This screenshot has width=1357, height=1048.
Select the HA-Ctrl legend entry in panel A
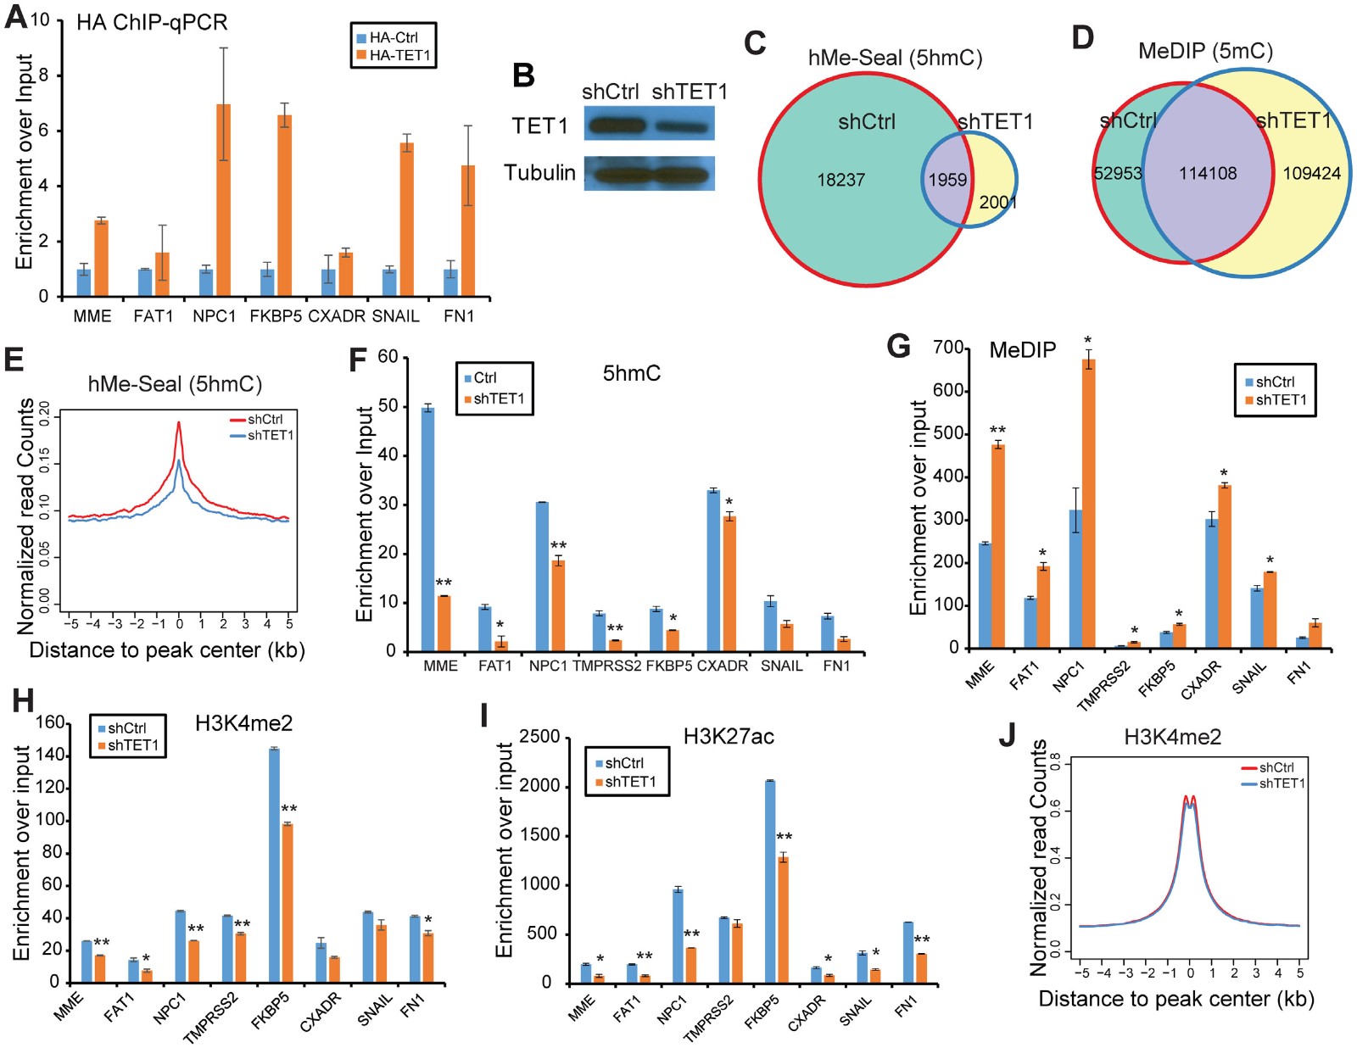pyautogui.click(x=393, y=38)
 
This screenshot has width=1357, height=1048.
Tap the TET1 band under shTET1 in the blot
pyautogui.click(x=681, y=126)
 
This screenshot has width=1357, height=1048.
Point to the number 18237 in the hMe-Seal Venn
pyautogui.click(x=840, y=180)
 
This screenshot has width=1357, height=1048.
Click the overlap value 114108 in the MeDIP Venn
pyautogui.click(x=1208, y=174)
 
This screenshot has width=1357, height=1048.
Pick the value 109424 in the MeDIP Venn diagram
pyautogui.click(x=1311, y=174)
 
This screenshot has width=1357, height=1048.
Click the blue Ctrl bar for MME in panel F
pyautogui.click(x=428, y=529)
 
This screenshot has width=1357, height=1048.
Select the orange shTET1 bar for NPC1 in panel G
pyautogui.click(x=1089, y=504)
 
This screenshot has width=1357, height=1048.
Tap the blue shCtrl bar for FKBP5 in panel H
pyautogui.click(x=274, y=865)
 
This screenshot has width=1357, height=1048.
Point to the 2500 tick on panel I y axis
pyautogui.click(x=539, y=738)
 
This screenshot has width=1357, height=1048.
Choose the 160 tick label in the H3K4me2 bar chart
pyautogui.click(x=50, y=722)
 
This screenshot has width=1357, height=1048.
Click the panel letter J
pyautogui.click(x=1007, y=735)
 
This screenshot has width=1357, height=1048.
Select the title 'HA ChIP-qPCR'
pyautogui.click(x=152, y=22)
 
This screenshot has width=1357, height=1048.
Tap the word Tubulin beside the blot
pyautogui.click(x=539, y=173)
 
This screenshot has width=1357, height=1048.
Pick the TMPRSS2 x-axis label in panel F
pyautogui.click(x=606, y=666)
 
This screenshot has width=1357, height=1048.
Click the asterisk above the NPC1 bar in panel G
pyautogui.click(x=1087, y=341)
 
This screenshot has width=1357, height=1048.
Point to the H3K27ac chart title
pyautogui.click(x=729, y=737)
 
